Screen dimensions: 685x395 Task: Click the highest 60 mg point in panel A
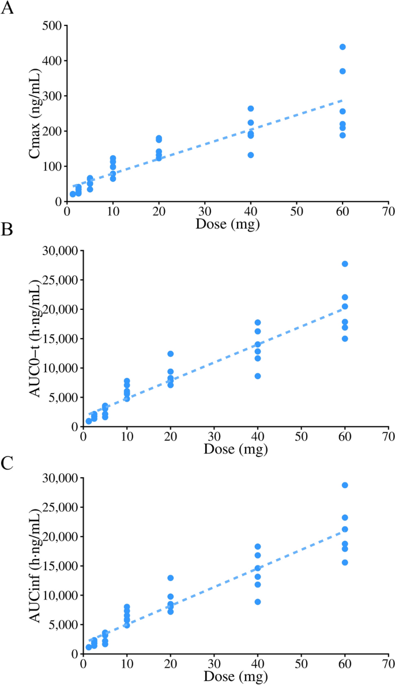click(343, 47)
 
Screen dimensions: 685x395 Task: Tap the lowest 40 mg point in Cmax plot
click(251, 155)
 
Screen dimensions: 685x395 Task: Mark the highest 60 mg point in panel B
click(345, 264)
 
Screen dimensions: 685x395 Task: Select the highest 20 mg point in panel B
click(171, 354)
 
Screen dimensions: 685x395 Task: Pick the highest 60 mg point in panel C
click(345, 485)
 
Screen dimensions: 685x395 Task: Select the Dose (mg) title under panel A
click(227, 224)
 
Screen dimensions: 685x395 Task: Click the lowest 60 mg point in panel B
click(345, 338)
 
